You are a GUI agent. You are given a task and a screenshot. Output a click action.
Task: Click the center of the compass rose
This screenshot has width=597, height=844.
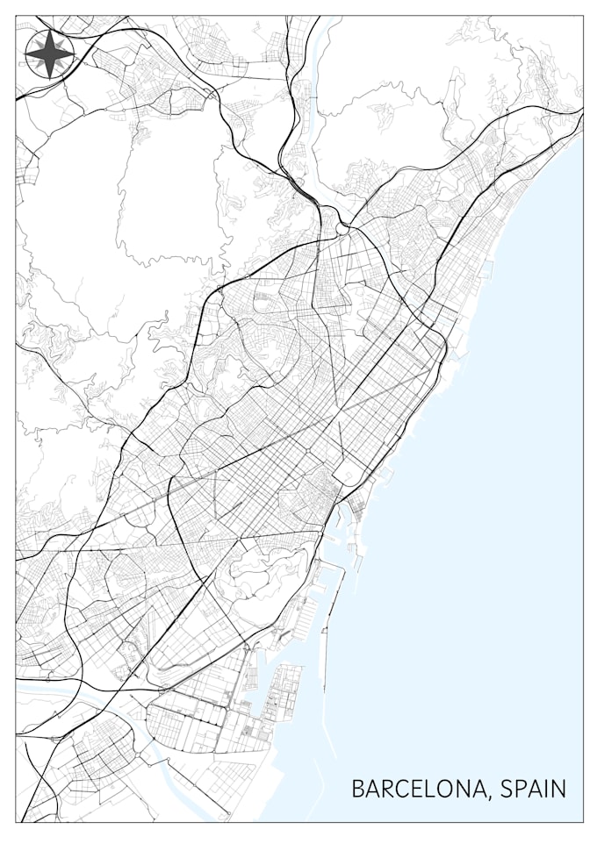coord(50,54)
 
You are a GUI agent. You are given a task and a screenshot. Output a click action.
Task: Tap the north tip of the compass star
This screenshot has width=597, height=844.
coord(50,32)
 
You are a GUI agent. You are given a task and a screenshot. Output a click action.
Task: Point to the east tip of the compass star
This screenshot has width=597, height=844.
coord(74,54)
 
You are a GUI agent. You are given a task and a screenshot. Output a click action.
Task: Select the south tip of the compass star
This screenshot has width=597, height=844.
coord(50,78)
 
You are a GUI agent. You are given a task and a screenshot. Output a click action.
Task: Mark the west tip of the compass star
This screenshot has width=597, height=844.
coord(26,54)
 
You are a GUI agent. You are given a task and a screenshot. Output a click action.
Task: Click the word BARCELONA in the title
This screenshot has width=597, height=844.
coord(418,788)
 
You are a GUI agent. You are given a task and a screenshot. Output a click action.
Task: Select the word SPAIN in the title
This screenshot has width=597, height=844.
coord(533,788)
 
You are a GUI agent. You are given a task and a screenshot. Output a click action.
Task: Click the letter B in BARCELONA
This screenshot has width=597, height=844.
coord(358,788)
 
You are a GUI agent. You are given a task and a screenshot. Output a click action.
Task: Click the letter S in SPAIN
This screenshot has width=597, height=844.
coord(507,788)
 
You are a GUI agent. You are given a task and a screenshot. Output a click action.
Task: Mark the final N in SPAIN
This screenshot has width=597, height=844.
coord(559,788)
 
